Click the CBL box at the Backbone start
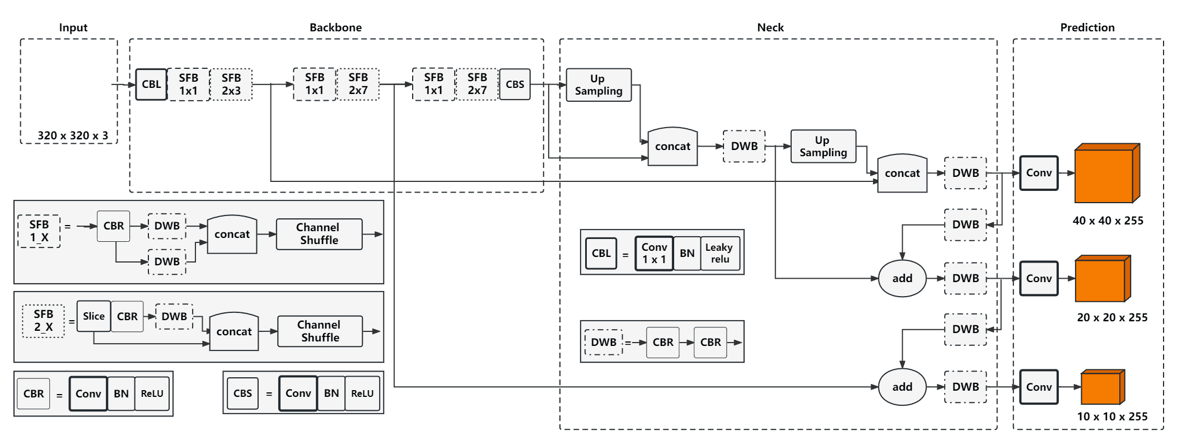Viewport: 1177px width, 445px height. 151,85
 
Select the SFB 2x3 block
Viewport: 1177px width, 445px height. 231,85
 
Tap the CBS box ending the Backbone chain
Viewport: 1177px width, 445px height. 515,85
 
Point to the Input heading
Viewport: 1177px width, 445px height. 73,27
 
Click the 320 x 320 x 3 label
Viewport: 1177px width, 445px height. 73,135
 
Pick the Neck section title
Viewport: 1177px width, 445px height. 770,27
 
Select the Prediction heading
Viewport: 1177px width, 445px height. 1087,27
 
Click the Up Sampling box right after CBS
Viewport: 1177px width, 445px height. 599,85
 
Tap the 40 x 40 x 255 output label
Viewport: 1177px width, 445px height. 1108,221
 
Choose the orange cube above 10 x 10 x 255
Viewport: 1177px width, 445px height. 1102,387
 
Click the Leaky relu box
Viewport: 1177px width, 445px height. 720,253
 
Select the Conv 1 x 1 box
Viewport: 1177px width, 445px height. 654,253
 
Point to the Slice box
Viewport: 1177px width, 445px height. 94,316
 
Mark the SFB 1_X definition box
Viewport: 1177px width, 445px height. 39,231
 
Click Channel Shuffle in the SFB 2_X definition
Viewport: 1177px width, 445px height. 320,331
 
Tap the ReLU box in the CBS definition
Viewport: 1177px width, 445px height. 362,394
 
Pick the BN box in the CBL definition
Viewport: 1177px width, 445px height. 687,253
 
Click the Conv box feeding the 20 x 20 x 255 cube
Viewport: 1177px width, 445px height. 1039,278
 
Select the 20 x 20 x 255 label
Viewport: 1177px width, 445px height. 1112,317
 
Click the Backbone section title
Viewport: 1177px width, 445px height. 335,27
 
